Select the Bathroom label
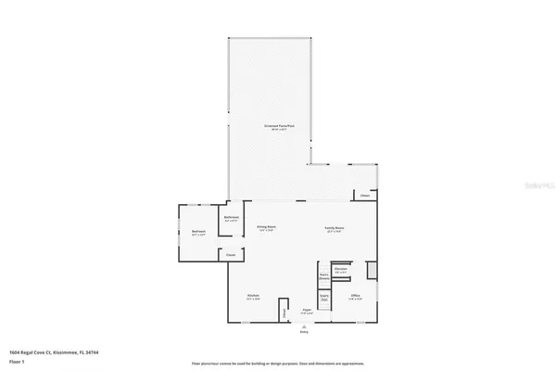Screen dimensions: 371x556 (231, 219)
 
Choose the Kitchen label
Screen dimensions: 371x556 (253, 298)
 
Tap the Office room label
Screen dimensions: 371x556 (355, 298)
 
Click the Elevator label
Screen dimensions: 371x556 (341, 270)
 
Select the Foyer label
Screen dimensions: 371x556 (306, 312)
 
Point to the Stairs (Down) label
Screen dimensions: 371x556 (324, 275)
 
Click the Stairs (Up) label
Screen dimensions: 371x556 (324, 299)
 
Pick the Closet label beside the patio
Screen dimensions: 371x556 (365, 196)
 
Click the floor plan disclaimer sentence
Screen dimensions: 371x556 (278, 364)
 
